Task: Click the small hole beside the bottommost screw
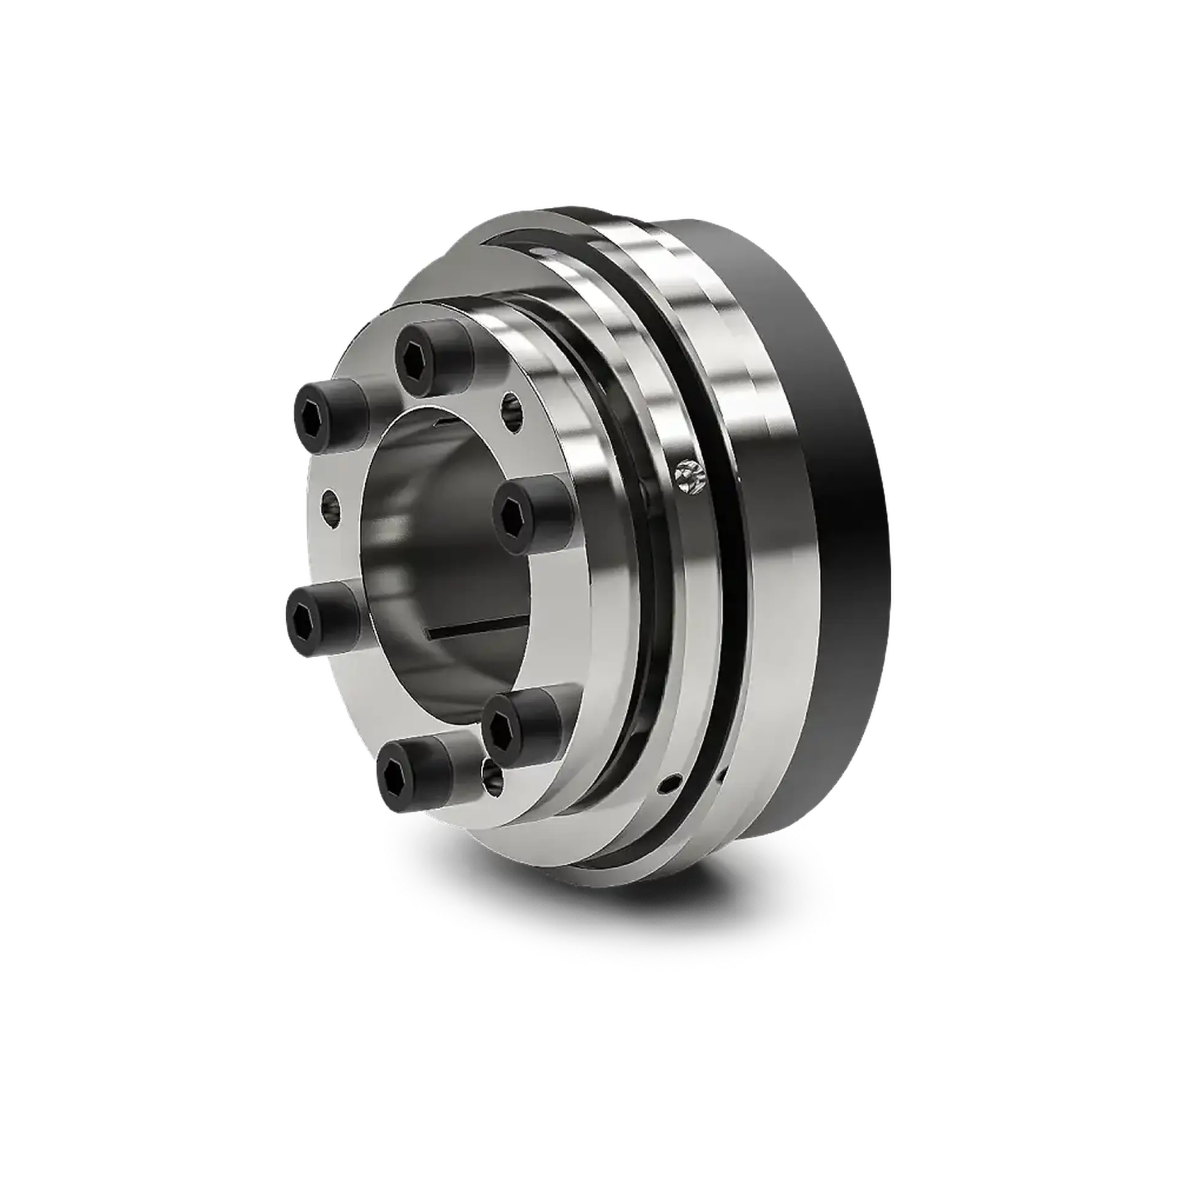pyautogui.click(x=493, y=779)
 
